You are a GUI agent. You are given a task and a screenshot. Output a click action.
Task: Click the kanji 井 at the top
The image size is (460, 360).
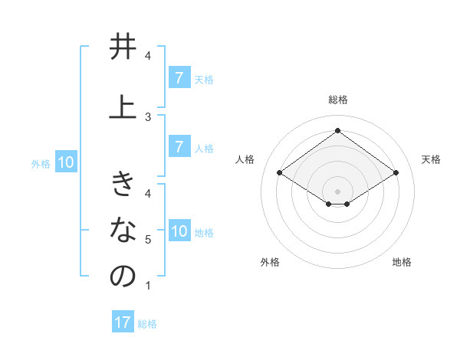click(123, 48)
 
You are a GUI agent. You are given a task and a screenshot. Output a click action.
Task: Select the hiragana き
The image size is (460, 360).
click(123, 185)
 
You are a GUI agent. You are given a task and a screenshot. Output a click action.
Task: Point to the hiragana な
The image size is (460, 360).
click(123, 229)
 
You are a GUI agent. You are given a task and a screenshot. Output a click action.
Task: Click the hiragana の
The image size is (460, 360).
click(123, 277)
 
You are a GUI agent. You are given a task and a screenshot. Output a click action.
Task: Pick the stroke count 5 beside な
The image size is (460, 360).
click(148, 240)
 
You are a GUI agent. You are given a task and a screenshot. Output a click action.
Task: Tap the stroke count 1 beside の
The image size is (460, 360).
click(148, 286)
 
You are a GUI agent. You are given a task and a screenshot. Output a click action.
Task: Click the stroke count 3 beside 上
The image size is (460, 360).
click(148, 116)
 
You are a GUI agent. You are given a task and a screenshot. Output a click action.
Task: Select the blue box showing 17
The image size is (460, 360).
click(122, 322)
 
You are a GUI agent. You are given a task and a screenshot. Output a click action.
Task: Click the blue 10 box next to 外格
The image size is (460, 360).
click(65, 162)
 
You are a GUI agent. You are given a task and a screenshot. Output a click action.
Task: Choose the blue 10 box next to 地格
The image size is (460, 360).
click(179, 231)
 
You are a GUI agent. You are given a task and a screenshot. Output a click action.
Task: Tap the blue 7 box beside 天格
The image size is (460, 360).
click(179, 77)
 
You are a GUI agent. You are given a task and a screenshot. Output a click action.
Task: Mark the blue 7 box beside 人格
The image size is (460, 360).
click(179, 147)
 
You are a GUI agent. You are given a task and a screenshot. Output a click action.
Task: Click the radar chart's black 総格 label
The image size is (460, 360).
click(338, 100)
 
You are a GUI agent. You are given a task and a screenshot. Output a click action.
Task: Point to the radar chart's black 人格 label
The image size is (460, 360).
click(245, 159)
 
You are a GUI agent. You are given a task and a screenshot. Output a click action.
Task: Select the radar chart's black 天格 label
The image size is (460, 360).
click(431, 159)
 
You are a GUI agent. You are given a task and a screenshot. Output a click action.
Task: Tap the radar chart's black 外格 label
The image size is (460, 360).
click(270, 262)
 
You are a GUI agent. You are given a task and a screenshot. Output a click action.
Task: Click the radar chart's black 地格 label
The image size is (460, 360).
click(402, 262)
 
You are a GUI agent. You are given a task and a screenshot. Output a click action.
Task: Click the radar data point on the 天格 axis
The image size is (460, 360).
click(396, 173)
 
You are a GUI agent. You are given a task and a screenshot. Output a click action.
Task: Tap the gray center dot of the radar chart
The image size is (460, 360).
click(337, 191)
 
